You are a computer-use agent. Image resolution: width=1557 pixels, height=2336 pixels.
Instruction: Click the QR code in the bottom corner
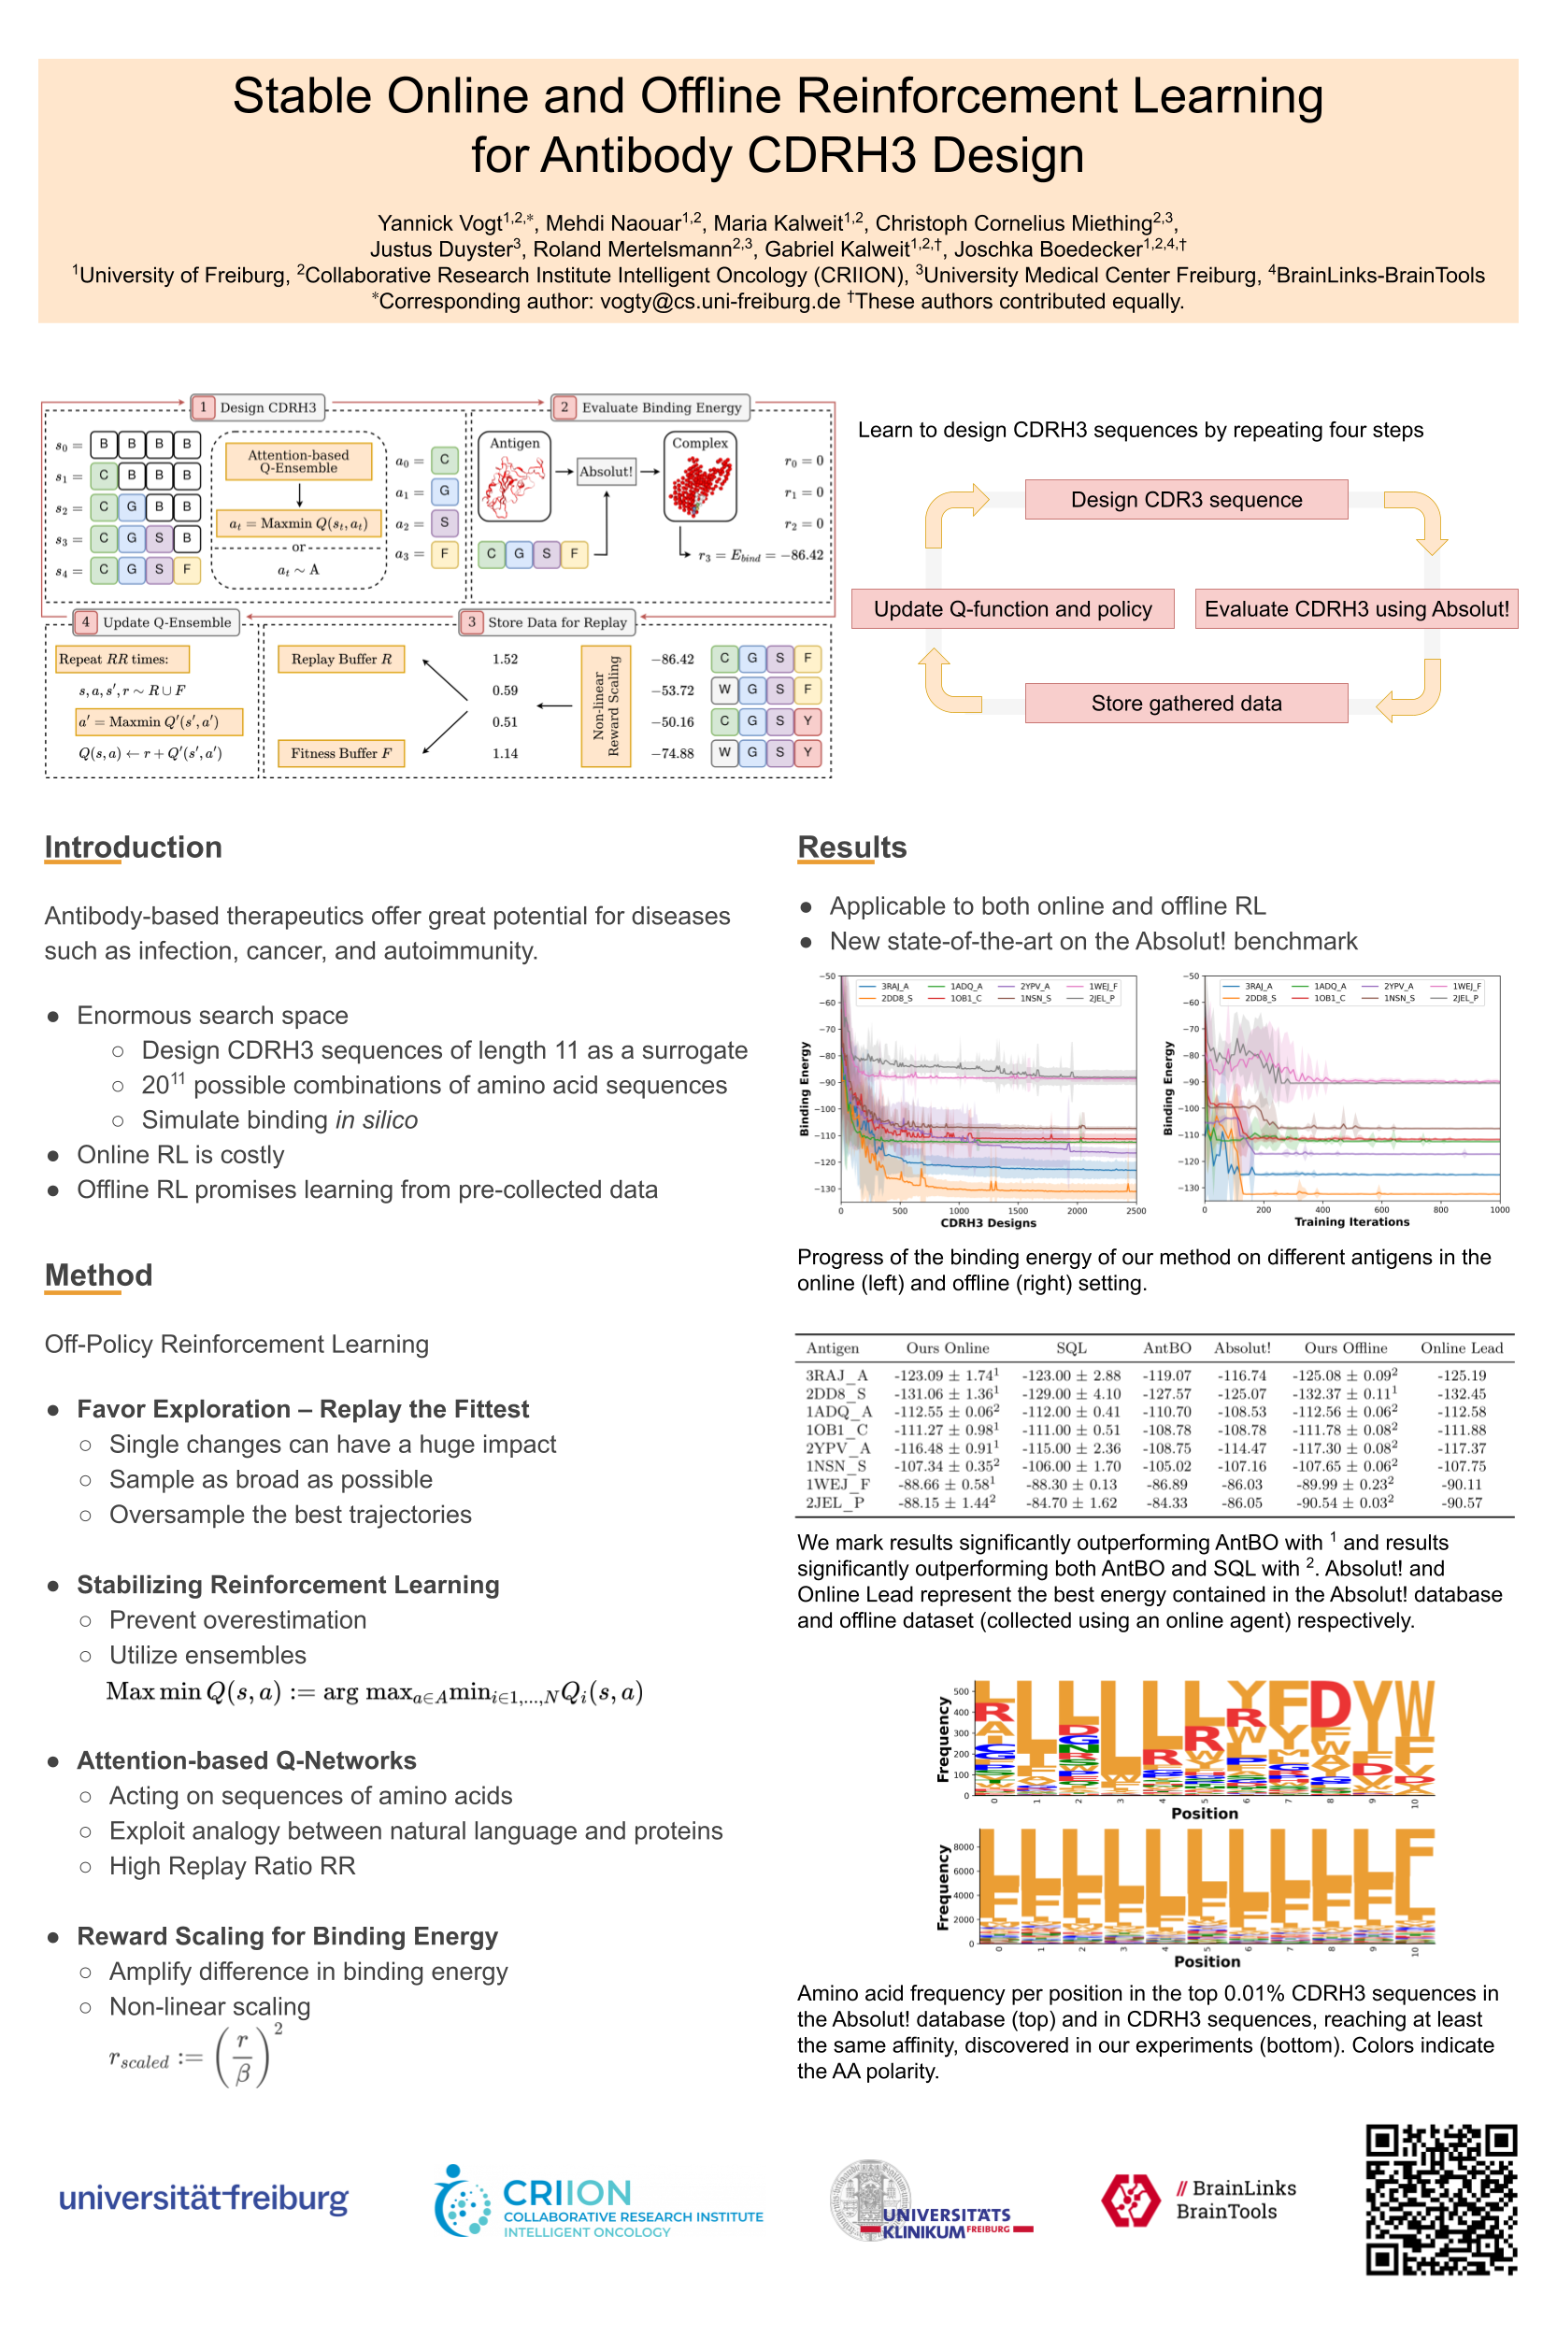pyautogui.click(x=1441, y=2198)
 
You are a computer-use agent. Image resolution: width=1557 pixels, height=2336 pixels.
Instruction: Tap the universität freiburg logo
pyautogui.click(x=204, y=2198)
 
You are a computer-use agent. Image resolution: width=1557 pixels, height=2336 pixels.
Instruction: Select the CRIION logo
pyautogui.click(x=599, y=2203)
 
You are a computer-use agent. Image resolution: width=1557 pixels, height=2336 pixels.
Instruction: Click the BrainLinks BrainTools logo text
pyautogui.click(x=1236, y=2199)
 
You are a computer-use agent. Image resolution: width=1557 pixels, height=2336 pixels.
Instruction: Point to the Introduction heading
pyautogui.click(x=133, y=847)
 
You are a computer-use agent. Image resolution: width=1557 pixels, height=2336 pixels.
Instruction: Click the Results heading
pyautogui.click(x=852, y=847)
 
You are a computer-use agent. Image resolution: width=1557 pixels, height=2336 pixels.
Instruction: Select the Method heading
pyautogui.click(x=98, y=1275)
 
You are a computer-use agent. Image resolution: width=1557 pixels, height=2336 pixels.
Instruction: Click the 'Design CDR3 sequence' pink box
pyautogui.click(x=1186, y=499)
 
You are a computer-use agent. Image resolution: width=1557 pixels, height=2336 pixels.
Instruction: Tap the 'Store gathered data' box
pyautogui.click(x=1186, y=703)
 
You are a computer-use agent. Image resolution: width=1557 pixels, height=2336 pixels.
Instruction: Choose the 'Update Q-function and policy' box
pyautogui.click(x=1012, y=608)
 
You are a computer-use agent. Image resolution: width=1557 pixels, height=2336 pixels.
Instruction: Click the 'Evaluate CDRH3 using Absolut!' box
pyautogui.click(x=1356, y=608)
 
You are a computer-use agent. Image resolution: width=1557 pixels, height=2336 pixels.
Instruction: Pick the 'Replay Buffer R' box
pyautogui.click(x=340, y=659)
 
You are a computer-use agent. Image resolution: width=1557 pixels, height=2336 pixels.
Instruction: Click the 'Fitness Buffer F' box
pyautogui.click(x=340, y=753)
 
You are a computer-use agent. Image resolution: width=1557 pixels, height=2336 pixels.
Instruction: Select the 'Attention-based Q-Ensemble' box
pyautogui.click(x=298, y=462)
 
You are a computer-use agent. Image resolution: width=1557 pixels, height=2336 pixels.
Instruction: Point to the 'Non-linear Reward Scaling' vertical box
pyautogui.click(x=606, y=705)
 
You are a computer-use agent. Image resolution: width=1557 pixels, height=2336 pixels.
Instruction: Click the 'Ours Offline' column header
pyautogui.click(x=1346, y=1348)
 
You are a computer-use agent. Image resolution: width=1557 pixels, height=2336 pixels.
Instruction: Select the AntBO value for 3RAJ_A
pyautogui.click(x=1166, y=1376)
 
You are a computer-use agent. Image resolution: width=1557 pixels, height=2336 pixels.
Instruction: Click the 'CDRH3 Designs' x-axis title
pyautogui.click(x=988, y=1223)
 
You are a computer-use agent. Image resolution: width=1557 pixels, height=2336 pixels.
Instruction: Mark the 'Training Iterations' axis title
pyautogui.click(x=1351, y=1222)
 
